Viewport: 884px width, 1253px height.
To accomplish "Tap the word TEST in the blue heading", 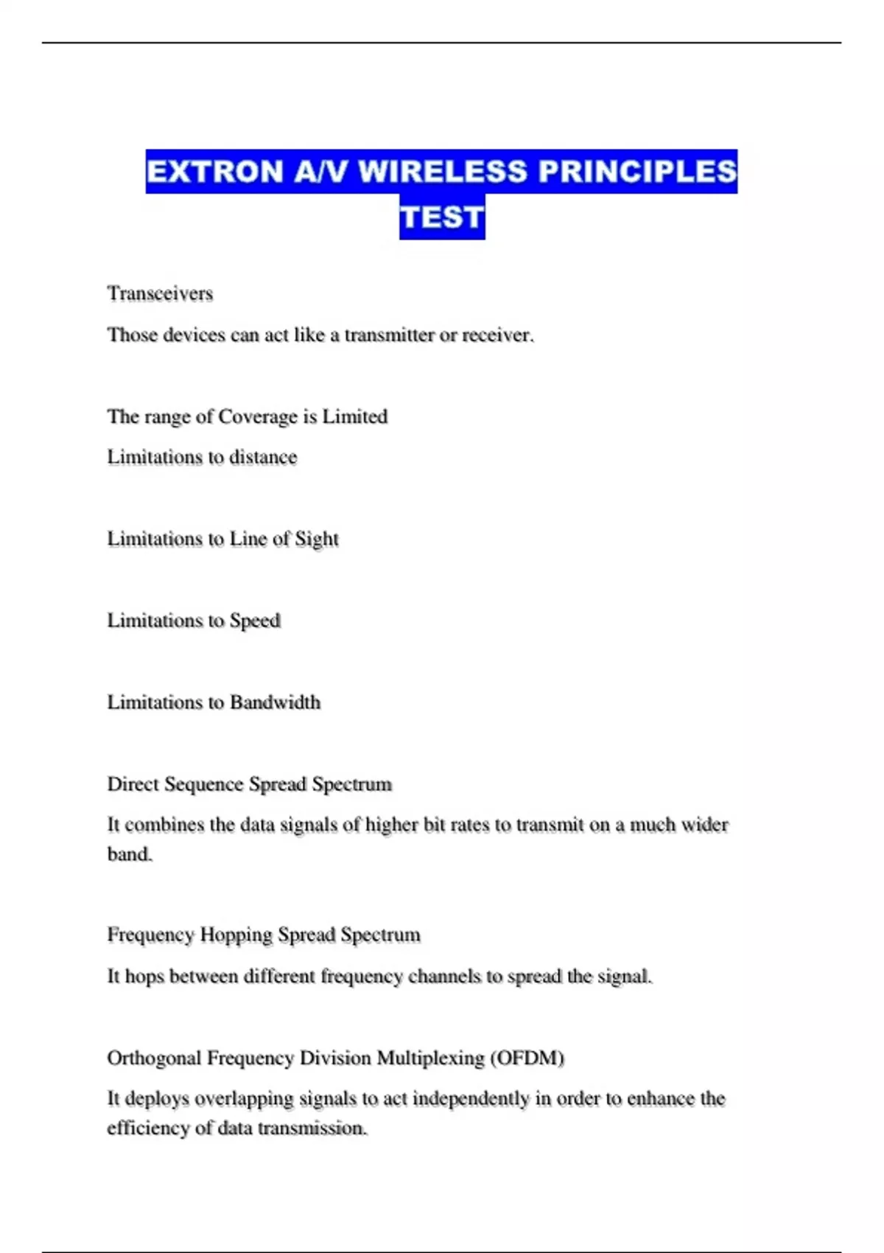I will (x=442, y=217).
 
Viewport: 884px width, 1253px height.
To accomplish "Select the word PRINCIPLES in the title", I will (x=637, y=172).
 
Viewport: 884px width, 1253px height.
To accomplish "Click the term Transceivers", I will (x=160, y=293).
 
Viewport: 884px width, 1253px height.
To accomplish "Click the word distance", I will (x=263, y=457).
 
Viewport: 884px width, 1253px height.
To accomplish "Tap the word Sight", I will (x=317, y=540).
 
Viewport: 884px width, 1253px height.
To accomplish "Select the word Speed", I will (x=255, y=621).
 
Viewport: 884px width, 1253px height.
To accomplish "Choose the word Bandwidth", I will (x=275, y=702).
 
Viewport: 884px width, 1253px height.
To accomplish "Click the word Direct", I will (x=133, y=783).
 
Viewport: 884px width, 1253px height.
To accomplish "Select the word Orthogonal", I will (x=154, y=1058).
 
